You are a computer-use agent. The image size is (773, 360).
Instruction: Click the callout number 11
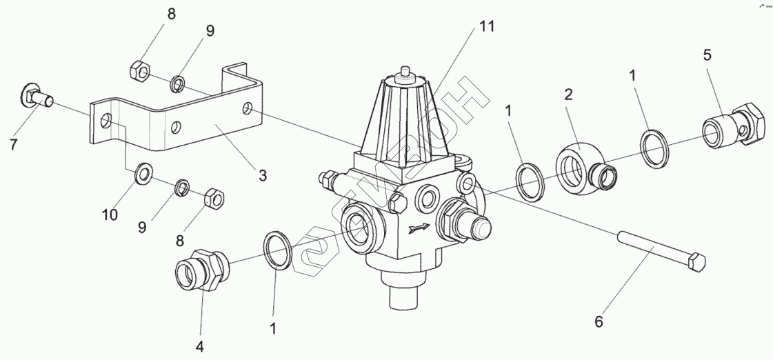click(486, 27)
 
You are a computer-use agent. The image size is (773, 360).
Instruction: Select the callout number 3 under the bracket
click(262, 175)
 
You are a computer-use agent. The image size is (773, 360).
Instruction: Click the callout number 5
click(707, 54)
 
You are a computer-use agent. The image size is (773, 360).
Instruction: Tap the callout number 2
click(568, 94)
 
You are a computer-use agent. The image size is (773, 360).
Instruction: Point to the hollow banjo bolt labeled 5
click(732, 126)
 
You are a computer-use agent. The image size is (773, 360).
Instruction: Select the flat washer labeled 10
click(143, 173)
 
